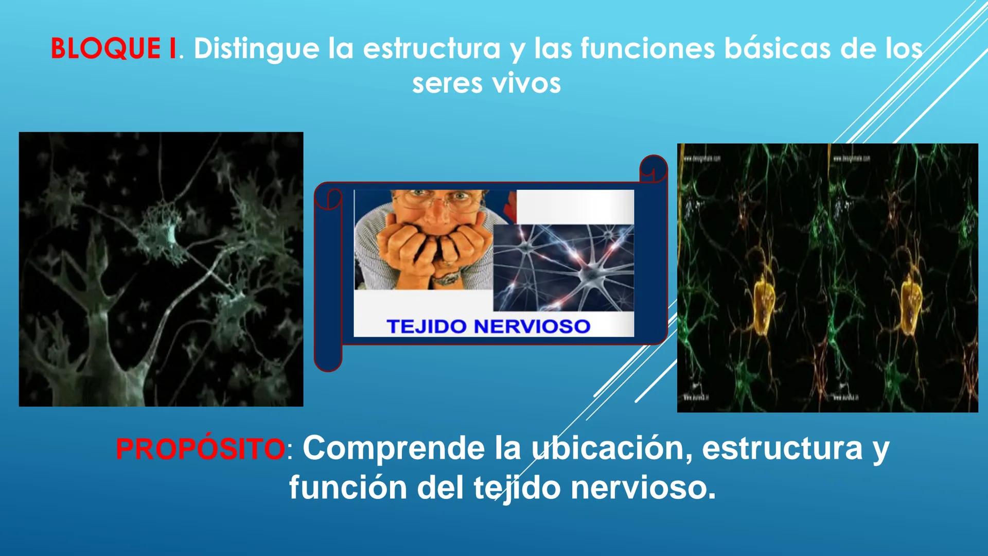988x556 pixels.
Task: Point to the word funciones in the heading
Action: pos(647,49)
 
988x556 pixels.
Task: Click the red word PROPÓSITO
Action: pos(200,449)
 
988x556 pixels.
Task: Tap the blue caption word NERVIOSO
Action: pos(532,326)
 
